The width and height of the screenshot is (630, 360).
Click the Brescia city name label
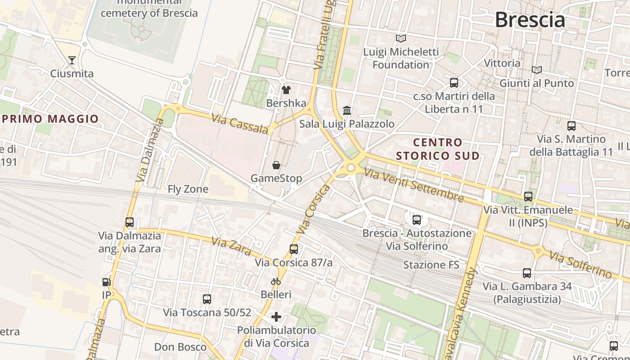[530, 20]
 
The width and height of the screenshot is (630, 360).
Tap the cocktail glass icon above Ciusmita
[72, 60]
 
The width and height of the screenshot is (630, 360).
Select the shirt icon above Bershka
[286, 90]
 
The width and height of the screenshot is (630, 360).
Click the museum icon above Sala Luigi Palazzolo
[347, 110]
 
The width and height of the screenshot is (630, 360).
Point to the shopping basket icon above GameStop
[276, 165]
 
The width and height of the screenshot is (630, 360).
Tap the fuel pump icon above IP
[106, 282]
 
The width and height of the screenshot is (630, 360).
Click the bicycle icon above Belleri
[276, 282]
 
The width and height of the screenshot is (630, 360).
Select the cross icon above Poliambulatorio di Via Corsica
[276, 317]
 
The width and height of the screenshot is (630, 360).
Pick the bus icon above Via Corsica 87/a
[293, 249]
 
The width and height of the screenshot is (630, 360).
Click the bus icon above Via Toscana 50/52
[207, 299]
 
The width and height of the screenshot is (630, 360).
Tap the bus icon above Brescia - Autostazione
[417, 220]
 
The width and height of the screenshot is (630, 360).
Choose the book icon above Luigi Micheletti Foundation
[400, 39]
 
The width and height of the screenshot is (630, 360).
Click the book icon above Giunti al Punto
[536, 70]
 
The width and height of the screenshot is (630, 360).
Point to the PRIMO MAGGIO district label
[50, 119]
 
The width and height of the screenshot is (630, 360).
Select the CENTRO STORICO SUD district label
[438, 149]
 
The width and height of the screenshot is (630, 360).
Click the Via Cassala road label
[239, 124]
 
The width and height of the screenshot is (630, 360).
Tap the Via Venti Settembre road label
[414, 185]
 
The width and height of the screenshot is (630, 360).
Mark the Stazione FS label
[431, 265]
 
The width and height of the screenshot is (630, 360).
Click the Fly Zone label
[188, 189]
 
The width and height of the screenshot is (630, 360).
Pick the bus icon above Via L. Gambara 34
[526, 273]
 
